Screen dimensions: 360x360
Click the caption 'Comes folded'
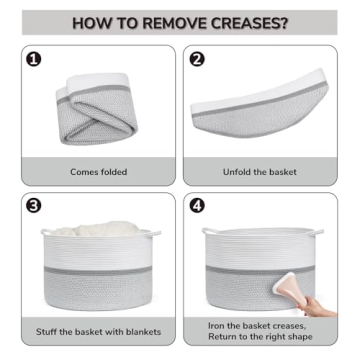pyautogui.click(x=98, y=171)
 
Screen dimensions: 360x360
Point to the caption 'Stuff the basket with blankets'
pyautogui.click(x=98, y=330)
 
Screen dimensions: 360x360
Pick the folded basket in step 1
pyautogui.click(x=100, y=105)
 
